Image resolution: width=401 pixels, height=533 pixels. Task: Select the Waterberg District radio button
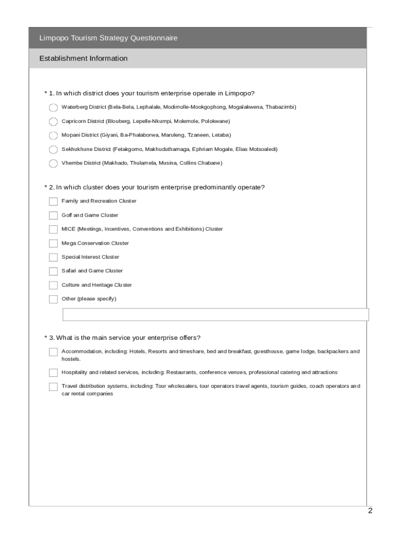tap(53, 108)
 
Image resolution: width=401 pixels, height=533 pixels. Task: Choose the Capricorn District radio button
tap(53, 122)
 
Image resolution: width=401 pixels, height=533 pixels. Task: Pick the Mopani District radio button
tap(53, 136)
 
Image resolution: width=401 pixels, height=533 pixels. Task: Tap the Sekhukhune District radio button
tap(53, 150)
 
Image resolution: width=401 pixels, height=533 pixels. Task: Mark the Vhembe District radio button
tap(53, 164)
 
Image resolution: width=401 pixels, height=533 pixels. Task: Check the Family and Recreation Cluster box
tap(53, 201)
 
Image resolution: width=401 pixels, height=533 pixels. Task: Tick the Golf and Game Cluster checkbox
tap(53, 215)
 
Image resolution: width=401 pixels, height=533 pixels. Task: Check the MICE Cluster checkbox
tap(53, 230)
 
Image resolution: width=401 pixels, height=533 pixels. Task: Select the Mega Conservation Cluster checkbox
tap(53, 244)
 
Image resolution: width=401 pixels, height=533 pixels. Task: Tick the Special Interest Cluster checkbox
tap(53, 257)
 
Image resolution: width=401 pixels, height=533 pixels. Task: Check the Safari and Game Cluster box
tap(53, 271)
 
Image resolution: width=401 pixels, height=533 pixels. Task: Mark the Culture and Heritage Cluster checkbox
tap(53, 285)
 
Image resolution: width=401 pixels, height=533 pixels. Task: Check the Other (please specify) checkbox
tap(53, 299)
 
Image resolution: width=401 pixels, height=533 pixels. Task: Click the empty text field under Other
tap(216, 315)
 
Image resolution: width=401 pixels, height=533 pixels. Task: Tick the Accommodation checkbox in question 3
tap(53, 352)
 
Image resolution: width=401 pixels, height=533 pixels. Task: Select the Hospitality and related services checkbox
tap(53, 373)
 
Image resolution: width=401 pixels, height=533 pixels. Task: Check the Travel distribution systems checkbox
tap(53, 387)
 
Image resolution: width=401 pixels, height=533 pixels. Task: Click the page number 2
tap(370, 511)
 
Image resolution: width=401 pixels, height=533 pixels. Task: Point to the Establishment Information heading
tap(83, 58)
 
